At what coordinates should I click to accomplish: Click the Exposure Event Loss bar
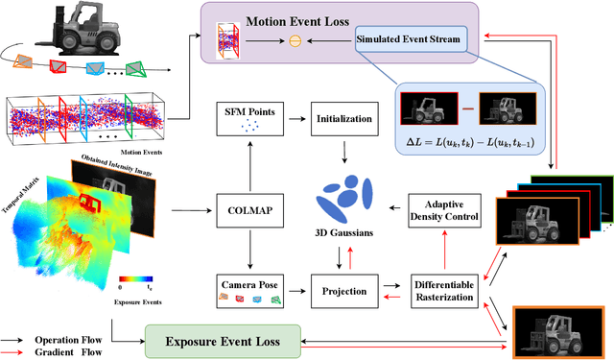pos(223,340)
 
